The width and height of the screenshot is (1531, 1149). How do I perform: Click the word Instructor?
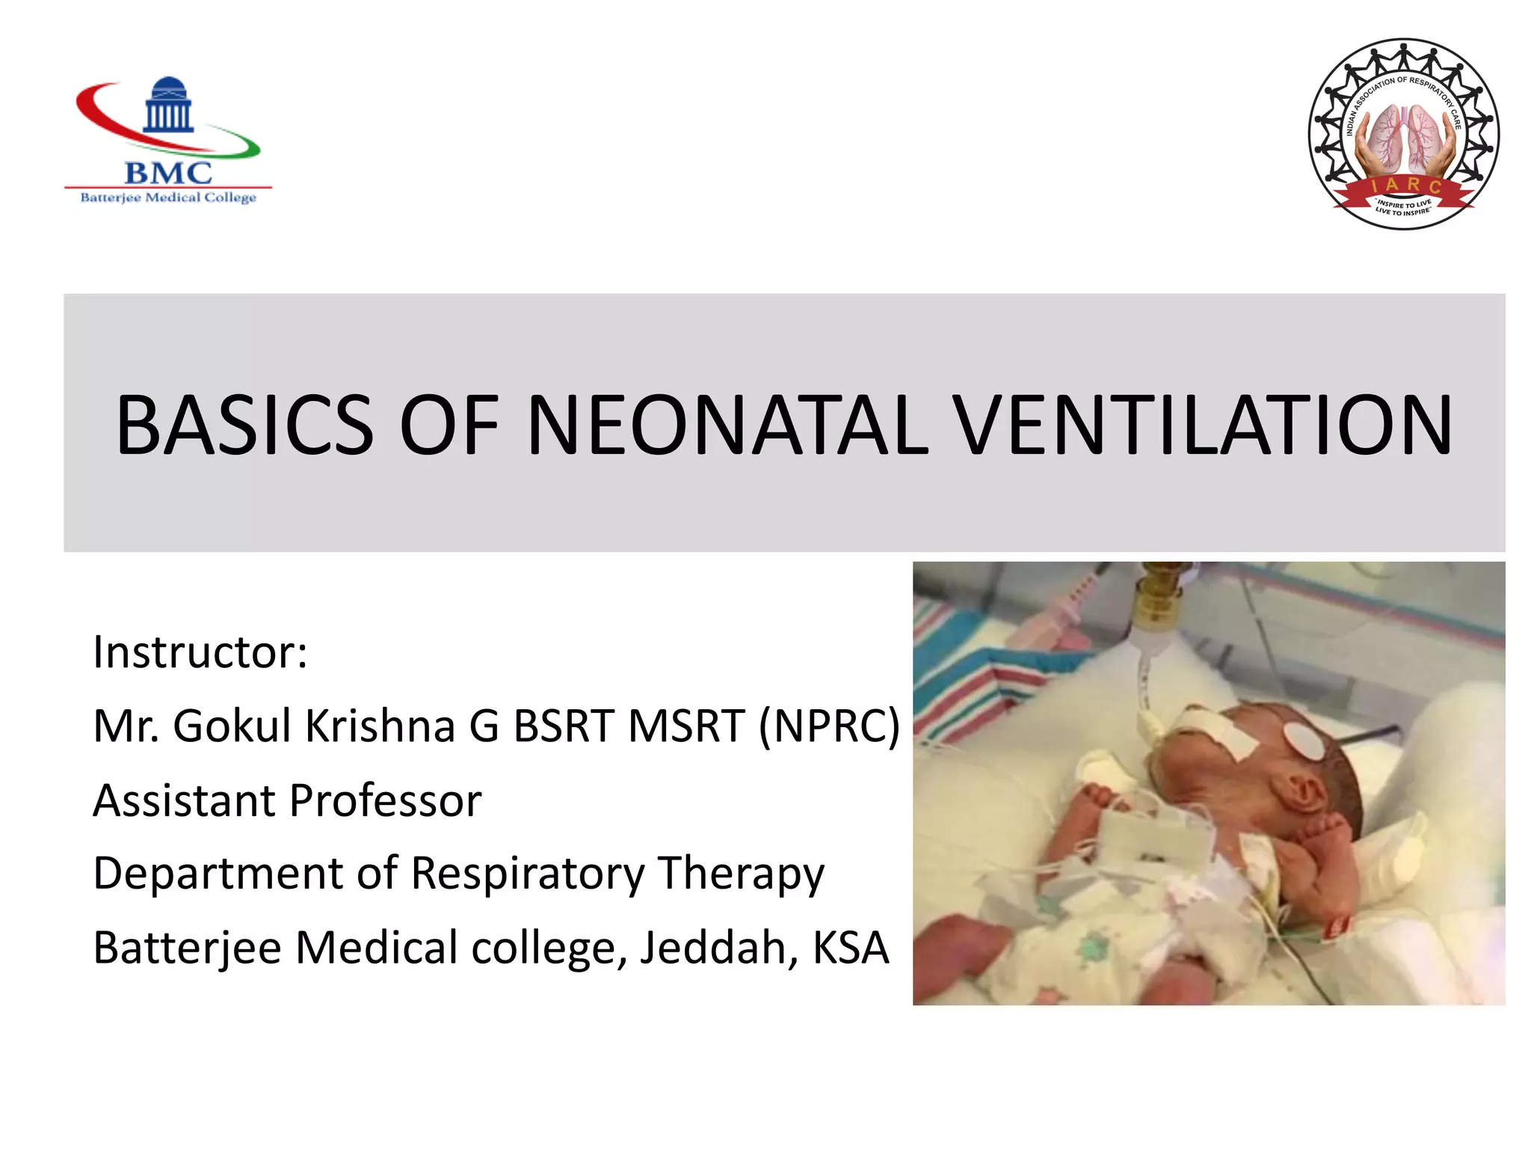pyautogui.click(x=200, y=652)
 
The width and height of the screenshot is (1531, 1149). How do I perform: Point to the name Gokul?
pyautogui.click(x=232, y=726)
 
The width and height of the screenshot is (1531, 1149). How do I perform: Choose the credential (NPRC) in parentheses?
pyautogui.click(x=829, y=726)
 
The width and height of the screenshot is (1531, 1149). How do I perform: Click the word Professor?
pyautogui.click(x=385, y=800)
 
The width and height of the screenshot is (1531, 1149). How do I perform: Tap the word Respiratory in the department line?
pyautogui.click(x=528, y=874)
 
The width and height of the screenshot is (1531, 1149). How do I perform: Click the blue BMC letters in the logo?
pyautogui.click(x=168, y=173)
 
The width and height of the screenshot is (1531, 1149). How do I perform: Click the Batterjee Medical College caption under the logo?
pyautogui.click(x=168, y=197)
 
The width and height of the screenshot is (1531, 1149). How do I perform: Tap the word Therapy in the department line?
pyautogui.click(x=741, y=874)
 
